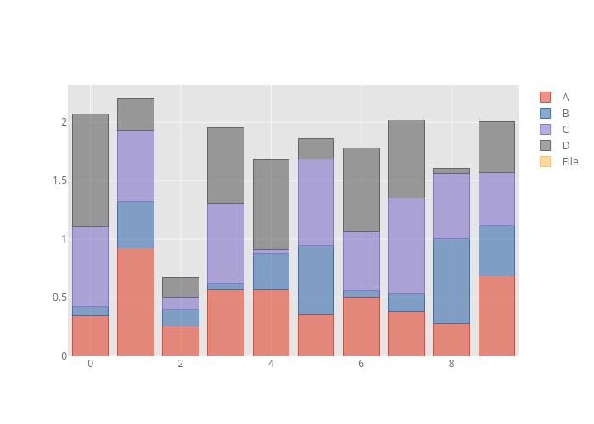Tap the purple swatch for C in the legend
(x=545, y=130)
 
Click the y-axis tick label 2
(x=63, y=122)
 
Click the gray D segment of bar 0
(x=90, y=170)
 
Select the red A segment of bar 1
(x=135, y=302)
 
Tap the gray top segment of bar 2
(x=180, y=287)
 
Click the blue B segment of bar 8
(x=451, y=281)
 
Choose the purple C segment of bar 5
(x=316, y=202)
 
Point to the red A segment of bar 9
(x=496, y=315)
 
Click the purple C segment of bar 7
(x=406, y=246)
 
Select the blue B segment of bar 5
(x=316, y=280)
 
